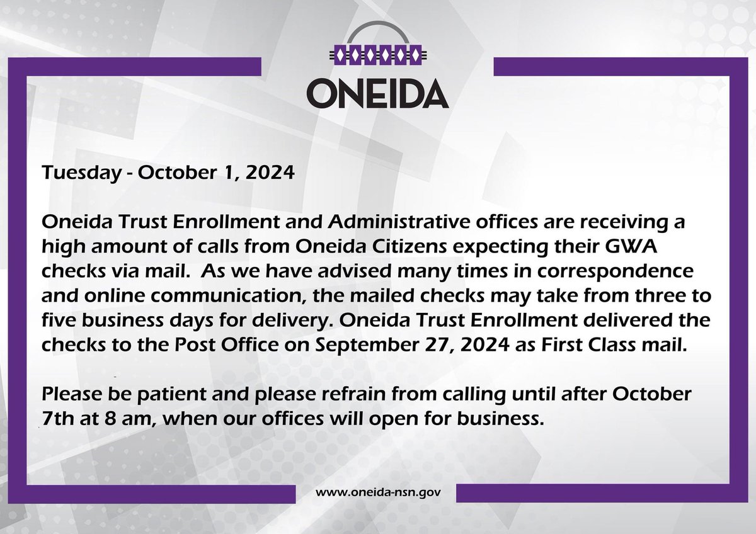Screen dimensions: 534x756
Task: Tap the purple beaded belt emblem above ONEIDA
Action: (377, 55)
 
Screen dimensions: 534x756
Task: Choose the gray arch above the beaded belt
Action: (377, 31)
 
